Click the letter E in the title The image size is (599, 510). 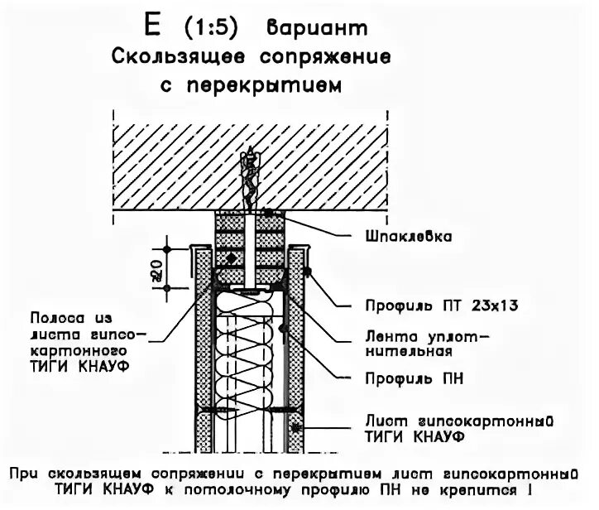pyautogui.click(x=151, y=26)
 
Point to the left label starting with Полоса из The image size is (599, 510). pyautogui.click(x=76, y=341)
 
